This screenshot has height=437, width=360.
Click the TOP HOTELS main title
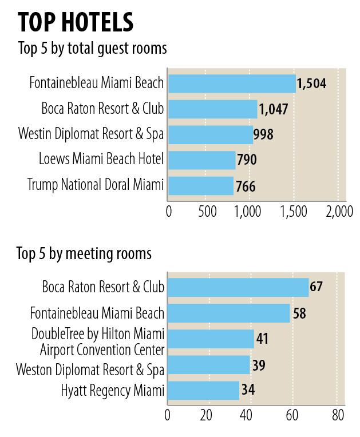tap(76, 22)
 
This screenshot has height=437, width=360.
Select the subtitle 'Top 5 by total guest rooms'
tap(92, 49)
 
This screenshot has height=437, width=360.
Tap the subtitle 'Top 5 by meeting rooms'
tap(84, 253)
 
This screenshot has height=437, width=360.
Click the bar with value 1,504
tap(231, 84)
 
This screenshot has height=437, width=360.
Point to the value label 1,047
tap(275, 109)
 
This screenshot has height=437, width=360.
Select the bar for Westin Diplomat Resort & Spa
tap(210, 134)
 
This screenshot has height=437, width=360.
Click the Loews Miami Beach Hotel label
tap(101, 159)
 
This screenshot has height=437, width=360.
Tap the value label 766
tap(245, 186)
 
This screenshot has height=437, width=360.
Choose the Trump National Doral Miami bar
tap(200, 185)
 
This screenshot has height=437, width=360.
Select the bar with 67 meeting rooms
tap(238, 287)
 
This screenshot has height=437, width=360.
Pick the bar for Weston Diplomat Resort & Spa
tap(208, 364)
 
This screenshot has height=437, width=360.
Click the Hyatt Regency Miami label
tap(113, 391)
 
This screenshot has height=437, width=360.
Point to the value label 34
tap(248, 391)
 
